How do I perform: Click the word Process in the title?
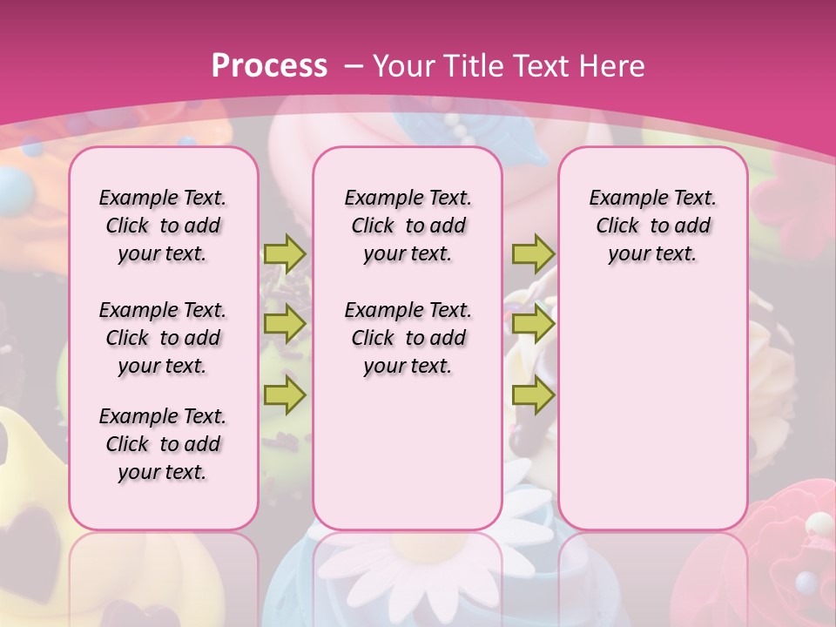(269, 66)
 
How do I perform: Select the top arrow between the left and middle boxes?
(285, 253)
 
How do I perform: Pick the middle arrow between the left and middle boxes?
(285, 324)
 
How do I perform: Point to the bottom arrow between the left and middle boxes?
(285, 395)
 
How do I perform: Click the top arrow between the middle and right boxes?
(533, 253)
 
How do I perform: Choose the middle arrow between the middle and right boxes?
(533, 324)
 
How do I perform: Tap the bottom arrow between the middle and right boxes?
(533, 395)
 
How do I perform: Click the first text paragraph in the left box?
(163, 226)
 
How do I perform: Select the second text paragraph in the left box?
(163, 338)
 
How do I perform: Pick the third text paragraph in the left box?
(163, 444)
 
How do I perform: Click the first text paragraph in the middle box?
(408, 226)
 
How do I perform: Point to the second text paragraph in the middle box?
(408, 338)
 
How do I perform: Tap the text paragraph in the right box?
(652, 226)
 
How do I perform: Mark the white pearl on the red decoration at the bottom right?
(819, 523)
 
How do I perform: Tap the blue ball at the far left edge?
(10, 185)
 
